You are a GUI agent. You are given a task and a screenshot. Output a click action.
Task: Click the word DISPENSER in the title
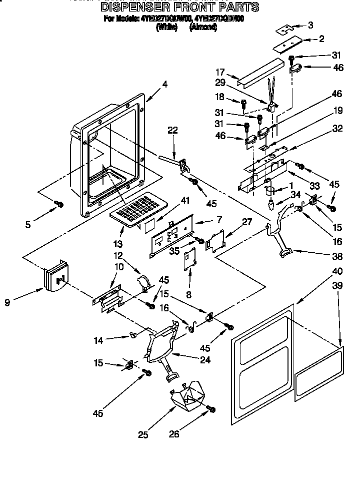pyautogui.click(x=133, y=7)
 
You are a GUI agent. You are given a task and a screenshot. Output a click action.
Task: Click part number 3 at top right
pyautogui.click(x=310, y=25)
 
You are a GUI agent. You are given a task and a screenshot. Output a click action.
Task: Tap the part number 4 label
pyautogui.click(x=165, y=85)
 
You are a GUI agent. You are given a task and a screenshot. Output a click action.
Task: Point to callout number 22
pyautogui.click(x=173, y=130)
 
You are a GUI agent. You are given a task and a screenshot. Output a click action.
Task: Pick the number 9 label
pyautogui.click(x=7, y=303)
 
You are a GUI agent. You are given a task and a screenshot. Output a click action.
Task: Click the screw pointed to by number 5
pyautogui.click(x=58, y=204)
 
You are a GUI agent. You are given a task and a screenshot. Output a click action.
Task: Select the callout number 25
pyautogui.click(x=143, y=435)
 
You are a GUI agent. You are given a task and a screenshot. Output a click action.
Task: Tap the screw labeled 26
pyautogui.click(x=211, y=410)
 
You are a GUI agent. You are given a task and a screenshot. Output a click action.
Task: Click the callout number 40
pyautogui.click(x=337, y=272)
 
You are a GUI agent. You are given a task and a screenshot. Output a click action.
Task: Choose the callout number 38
pyautogui.click(x=338, y=256)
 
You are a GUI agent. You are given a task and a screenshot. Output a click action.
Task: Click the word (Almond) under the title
pyautogui.click(x=203, y=28)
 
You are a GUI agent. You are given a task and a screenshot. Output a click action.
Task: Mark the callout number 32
pyautogui.click(x=338, y=129)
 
